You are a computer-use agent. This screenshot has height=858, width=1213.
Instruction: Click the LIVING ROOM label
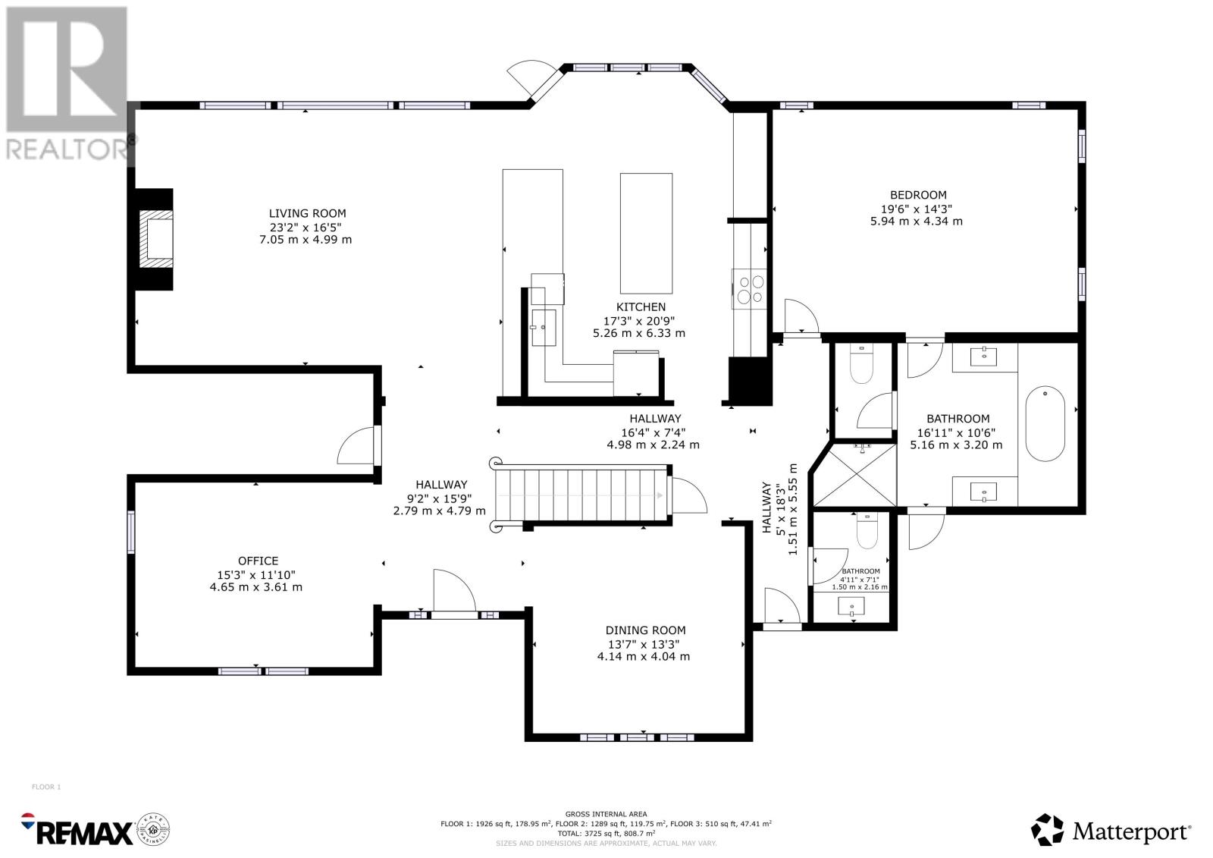point(308,213)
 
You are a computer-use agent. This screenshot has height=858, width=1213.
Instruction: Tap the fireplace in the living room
point(154,239)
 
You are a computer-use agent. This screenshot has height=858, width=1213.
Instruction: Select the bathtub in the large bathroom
point(1045,423)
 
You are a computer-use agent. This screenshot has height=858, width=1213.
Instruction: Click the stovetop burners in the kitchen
point(750,289)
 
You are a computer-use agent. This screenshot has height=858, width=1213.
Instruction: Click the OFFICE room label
point(259,561)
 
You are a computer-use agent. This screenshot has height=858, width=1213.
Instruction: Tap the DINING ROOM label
point(645,630)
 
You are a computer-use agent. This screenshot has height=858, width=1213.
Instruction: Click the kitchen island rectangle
point(646,234)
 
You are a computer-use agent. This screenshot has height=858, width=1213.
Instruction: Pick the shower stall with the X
point(854,476)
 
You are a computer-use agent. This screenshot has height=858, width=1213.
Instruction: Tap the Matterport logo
point(1111,830)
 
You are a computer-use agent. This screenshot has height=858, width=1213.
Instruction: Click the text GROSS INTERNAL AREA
point(606,814)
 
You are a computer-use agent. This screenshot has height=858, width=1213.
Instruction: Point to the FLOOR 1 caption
point(46,787)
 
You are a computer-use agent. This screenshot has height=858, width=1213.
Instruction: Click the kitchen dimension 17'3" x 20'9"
point(639,321)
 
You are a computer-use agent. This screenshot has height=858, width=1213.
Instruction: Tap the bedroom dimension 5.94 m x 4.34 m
point(917,222)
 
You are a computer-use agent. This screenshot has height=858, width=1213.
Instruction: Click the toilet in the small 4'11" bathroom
point(867,532)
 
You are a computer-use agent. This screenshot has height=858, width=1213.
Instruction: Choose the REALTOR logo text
point(67,150)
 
